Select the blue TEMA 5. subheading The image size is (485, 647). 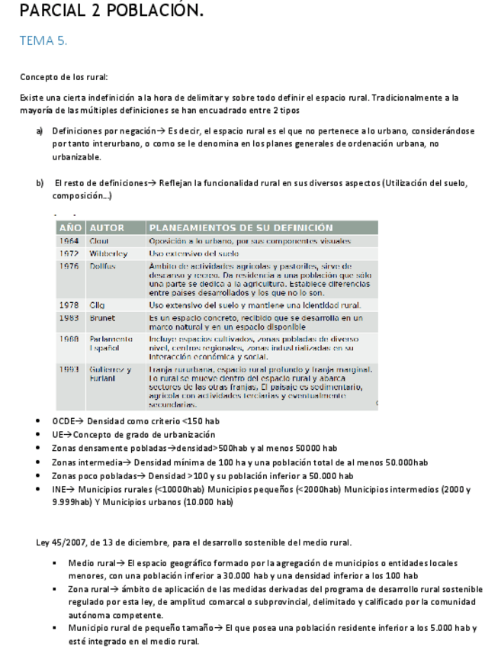pos(43,41)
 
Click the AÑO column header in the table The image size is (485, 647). pos(70,227)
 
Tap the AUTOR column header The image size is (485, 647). pos(107,227)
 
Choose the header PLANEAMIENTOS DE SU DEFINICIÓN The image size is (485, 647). pos(240,227)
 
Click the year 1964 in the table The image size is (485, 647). pos(69,241)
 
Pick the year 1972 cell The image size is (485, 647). pos(69,253)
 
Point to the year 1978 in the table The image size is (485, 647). pos(69,305)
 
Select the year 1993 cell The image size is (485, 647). pos(69,369)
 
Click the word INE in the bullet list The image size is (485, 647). pos(59,490)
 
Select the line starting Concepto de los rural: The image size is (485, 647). pos(63,77)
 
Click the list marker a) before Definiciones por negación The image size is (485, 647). pos(40,131)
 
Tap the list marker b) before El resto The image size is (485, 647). pos(40,183)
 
